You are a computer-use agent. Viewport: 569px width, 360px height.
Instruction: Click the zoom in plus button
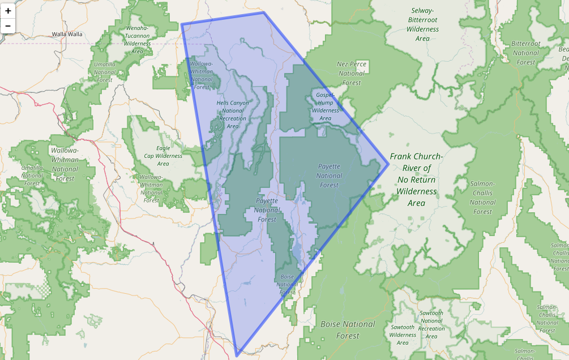pos(8,10)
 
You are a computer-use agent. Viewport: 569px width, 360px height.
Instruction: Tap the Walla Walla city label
pos(67,34)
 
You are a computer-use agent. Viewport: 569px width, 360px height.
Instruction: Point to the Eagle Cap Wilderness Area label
pos(163,156)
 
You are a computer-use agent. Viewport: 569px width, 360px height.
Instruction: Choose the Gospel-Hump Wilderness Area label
pos(326,106)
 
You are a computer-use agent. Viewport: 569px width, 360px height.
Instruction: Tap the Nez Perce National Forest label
pos(352,73)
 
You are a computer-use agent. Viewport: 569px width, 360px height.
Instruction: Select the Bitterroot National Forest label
pos(525,53)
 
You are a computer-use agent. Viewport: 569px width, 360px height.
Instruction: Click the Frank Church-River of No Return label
pos(416,179)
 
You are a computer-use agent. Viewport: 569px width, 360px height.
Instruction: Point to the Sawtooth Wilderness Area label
pos(403,335)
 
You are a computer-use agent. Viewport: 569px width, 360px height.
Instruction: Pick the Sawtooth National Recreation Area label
pos(431,324)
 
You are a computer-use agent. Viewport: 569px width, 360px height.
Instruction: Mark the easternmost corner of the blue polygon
pos(388,164)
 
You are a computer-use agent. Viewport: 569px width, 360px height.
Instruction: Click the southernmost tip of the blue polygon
pos(237,356)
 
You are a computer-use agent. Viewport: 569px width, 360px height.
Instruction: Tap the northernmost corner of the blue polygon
pos(264,12)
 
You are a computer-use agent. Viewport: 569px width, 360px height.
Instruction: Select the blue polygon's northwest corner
pos(182,24)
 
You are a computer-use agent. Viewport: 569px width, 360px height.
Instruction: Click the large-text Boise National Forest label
pos(348,329)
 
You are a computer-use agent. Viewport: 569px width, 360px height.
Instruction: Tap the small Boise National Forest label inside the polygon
pos(287,284)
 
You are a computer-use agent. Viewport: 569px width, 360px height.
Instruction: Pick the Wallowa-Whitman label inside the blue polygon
pos(202,75)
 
